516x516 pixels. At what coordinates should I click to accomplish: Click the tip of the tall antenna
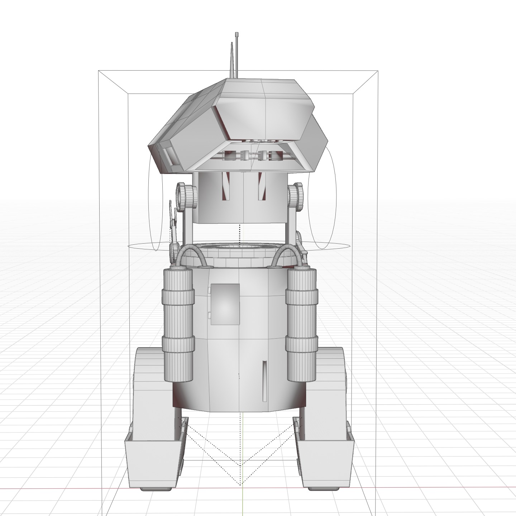pyautogui.click(x=237, y=34)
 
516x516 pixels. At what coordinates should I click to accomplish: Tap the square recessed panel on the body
pyautogui.click(x=225, y=304)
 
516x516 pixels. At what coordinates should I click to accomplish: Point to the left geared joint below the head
pyautogui.click(x=187, y=197)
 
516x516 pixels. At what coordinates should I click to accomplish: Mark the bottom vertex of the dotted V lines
pyautogui.click(x=240, y=485)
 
